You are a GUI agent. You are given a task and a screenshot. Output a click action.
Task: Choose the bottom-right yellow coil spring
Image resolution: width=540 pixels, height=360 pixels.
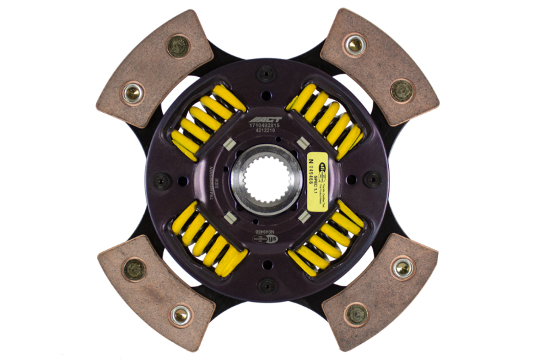pos(327,239)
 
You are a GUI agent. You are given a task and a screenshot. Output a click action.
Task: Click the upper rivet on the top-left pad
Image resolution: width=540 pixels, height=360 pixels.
pos(178,46)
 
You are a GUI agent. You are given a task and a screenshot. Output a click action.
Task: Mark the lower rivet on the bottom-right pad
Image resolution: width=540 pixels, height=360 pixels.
pos(356,313)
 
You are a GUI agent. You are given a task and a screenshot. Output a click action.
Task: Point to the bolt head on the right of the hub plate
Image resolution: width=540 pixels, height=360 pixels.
pos(373,179)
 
